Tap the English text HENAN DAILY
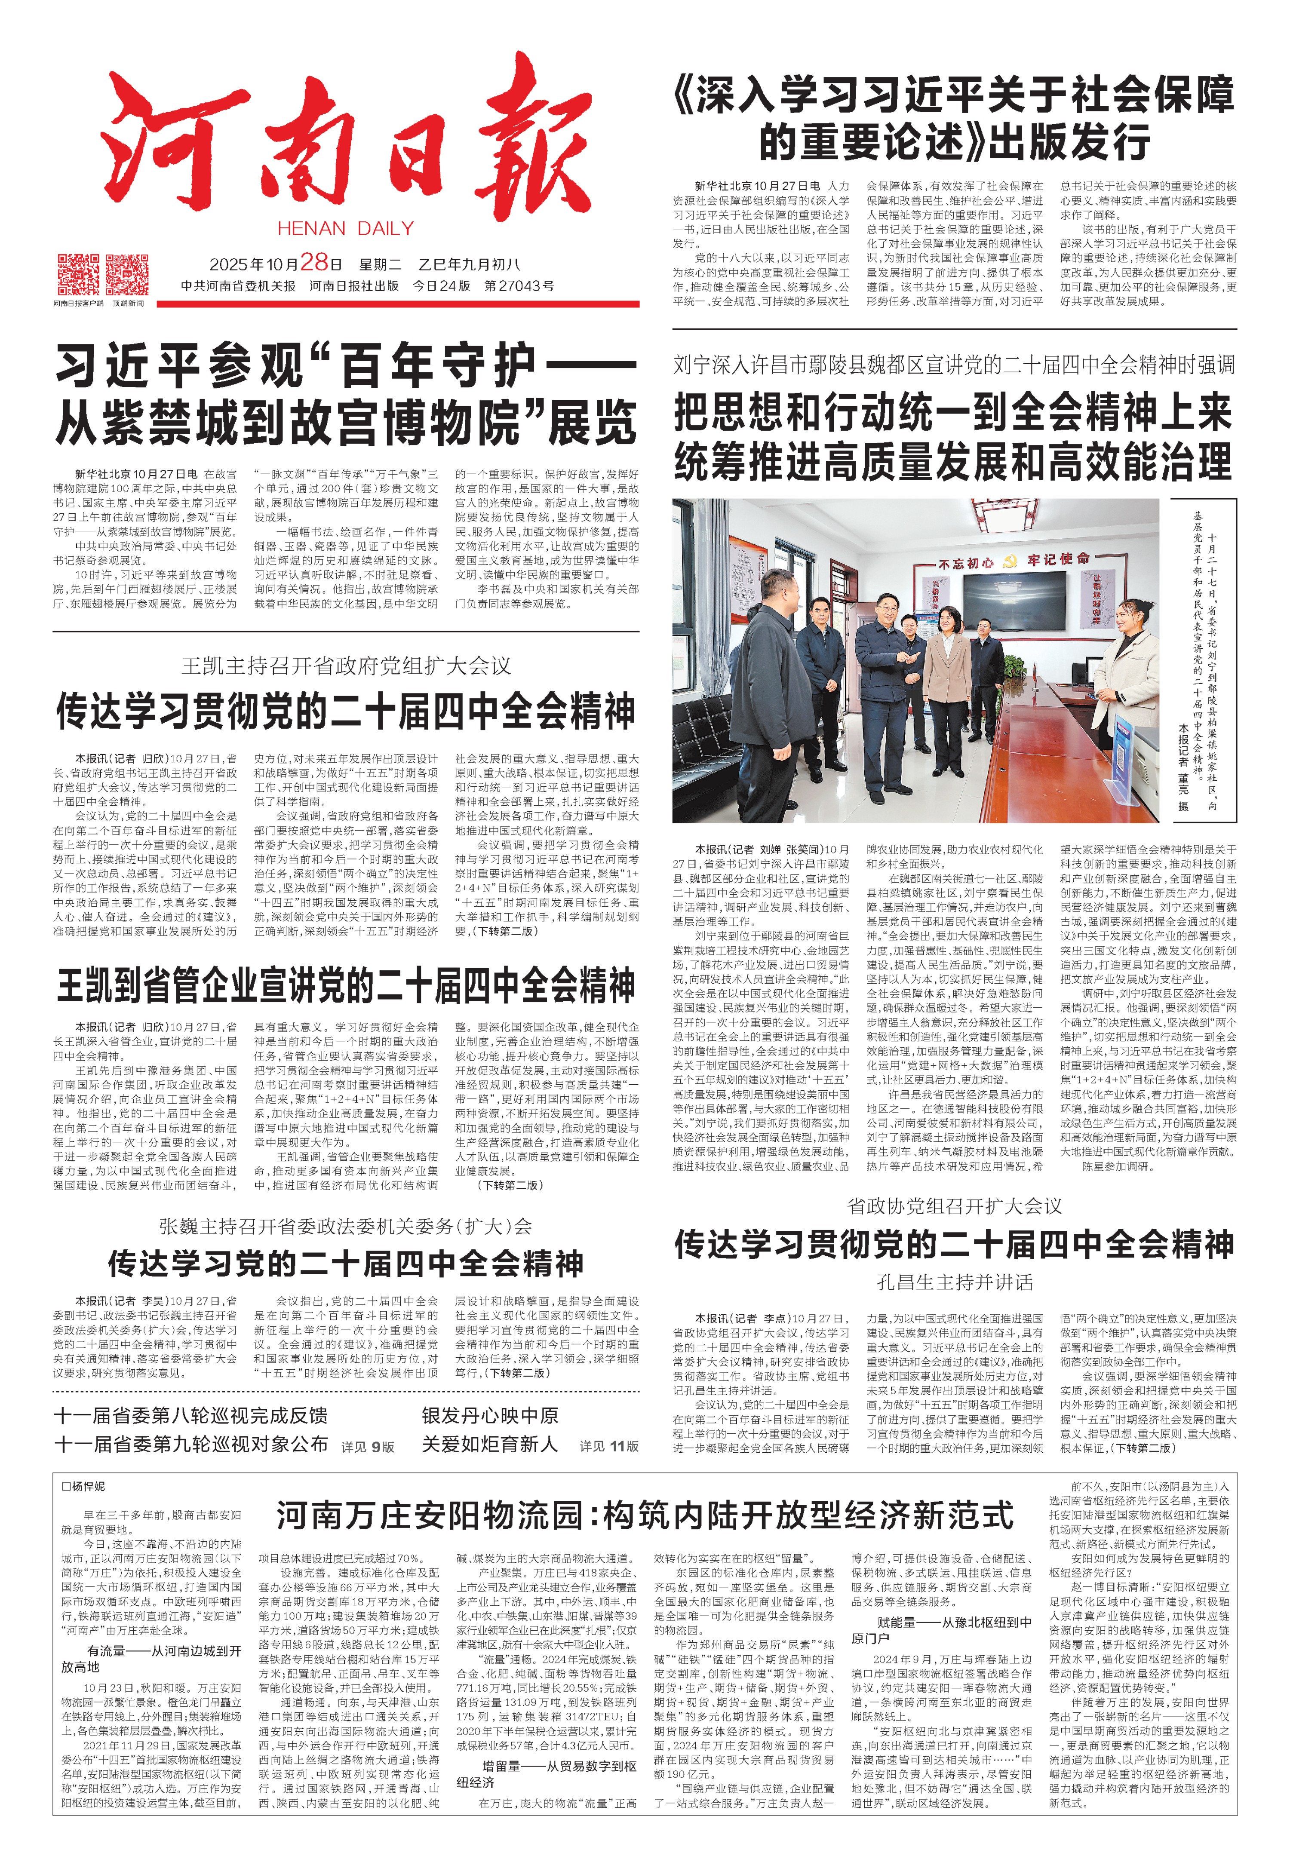[346, 229]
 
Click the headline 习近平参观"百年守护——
[346, 366]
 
